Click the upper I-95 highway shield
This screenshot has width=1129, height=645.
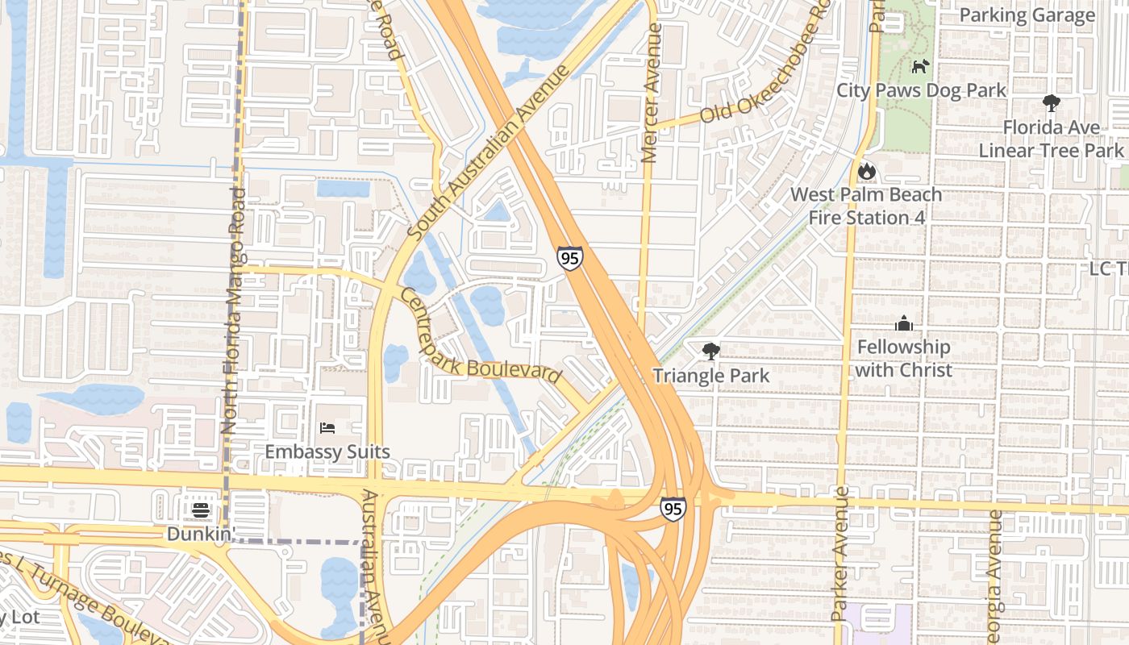coord(569,258)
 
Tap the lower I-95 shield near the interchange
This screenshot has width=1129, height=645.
coord(673,508)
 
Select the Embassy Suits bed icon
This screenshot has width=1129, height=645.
coord(327,427)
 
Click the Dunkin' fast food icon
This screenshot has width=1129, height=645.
coord(201,510)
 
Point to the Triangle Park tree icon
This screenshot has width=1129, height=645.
coord(710,351)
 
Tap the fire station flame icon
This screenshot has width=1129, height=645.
coord(866,170)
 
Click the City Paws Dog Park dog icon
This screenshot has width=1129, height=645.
coord(920,66)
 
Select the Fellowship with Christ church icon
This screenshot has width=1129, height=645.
coord(903,323)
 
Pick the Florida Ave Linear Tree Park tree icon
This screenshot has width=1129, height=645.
coord(1051,103)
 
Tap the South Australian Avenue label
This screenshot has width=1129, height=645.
coord(489,153)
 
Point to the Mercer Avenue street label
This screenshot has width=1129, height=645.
coord(652,93)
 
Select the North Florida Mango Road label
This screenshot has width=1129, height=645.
coord(233,310)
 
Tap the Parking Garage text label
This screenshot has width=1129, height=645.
coord(1027,15)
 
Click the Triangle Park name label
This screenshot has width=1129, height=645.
coord(710,376)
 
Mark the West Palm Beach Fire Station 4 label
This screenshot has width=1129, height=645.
coord(866,206)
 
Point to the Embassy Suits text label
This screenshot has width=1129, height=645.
coord(327,451)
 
